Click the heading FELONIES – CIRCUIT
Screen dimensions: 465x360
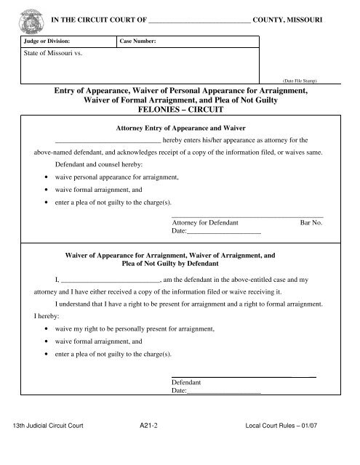point(181,108)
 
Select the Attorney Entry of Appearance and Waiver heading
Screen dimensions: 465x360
point(180,127)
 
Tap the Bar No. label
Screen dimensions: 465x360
point(311,223)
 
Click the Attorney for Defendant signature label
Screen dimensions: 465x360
point(204,223)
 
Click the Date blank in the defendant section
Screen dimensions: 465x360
point(224,391)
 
